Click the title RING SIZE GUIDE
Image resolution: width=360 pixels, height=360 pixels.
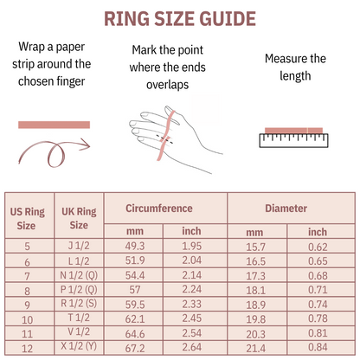(x=180, y=19)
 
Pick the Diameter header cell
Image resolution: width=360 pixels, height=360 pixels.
(x=286, y=209)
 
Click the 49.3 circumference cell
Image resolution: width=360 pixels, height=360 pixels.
(x=134, y=247)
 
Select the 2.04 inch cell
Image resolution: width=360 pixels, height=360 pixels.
(x=191, y=260)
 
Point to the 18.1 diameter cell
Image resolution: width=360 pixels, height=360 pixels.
(x=254, y=290)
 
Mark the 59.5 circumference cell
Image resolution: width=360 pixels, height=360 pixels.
(x=134, y=305)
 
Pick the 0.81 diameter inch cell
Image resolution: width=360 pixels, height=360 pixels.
(x=318, y=333)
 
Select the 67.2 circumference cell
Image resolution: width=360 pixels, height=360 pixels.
(x=134, y=348)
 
